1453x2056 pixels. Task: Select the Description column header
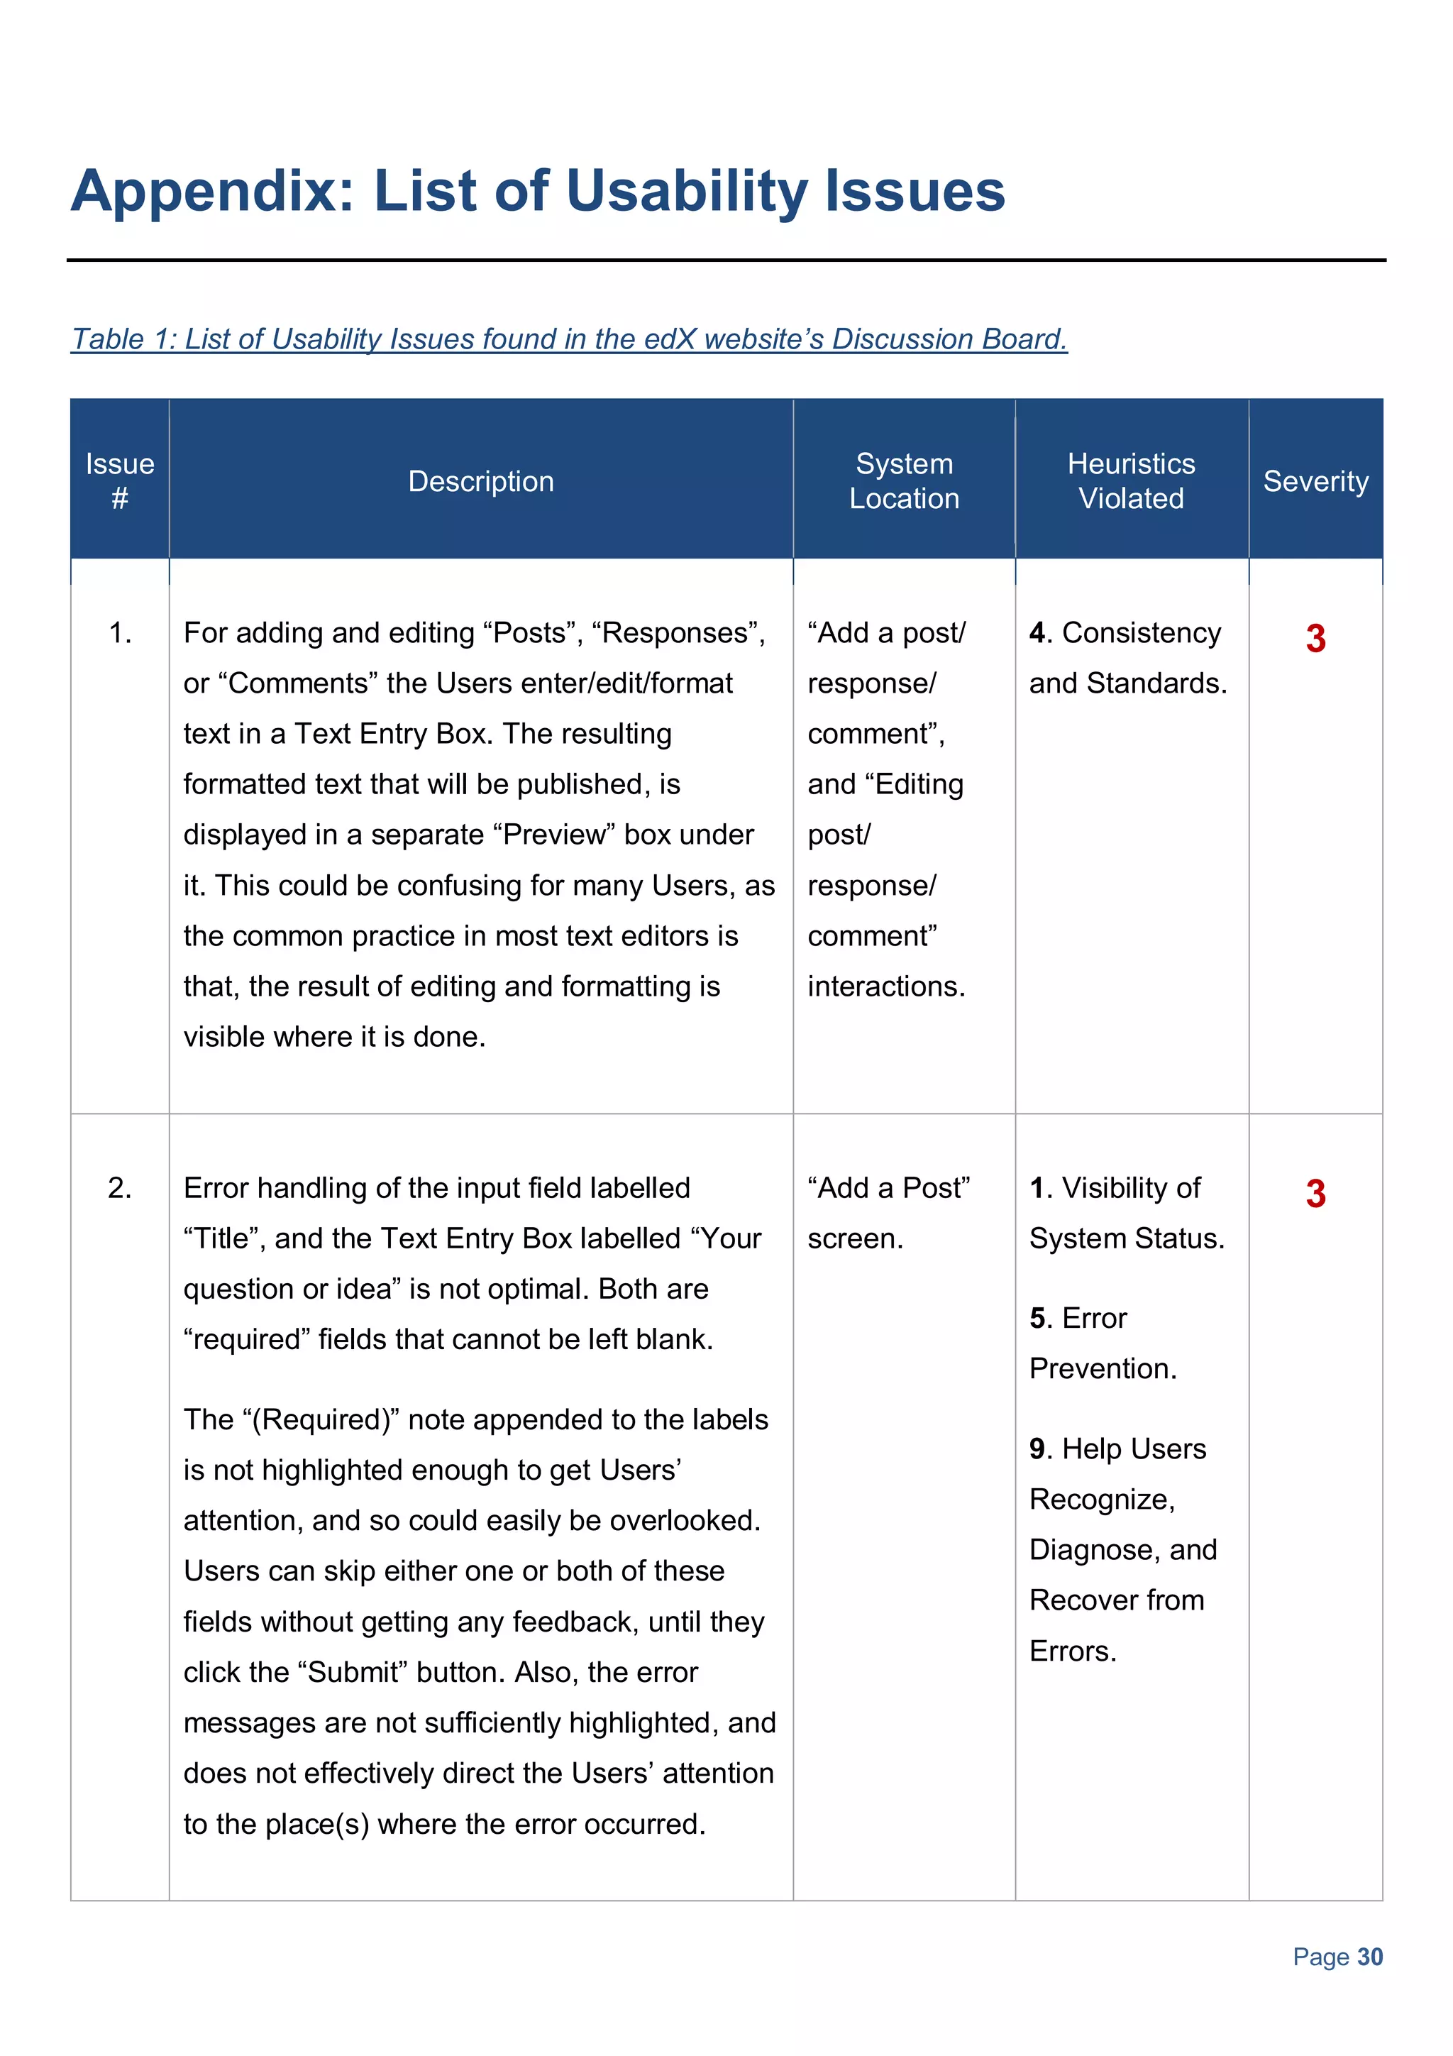coord(481,482)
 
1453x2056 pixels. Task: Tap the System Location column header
coord(903,481)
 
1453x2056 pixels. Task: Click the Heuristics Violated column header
coord(1131,481)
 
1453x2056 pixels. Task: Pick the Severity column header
coord(1315,482)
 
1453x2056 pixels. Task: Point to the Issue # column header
coord(119,481)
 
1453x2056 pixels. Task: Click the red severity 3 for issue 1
coord(1315,639)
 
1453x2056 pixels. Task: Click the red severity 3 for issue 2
coord(1315,1194)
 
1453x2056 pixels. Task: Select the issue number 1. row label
coord(120,633)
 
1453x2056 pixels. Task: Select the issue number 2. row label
coord(120,1188)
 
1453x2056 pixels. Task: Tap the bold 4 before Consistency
coord(1037,633)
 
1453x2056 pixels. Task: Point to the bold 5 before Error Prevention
coord(1037,1318)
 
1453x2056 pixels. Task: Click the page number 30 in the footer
coord(1370,1957)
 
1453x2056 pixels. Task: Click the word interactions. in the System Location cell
coord(885,986)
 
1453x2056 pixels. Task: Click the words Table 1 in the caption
coord(119,339)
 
